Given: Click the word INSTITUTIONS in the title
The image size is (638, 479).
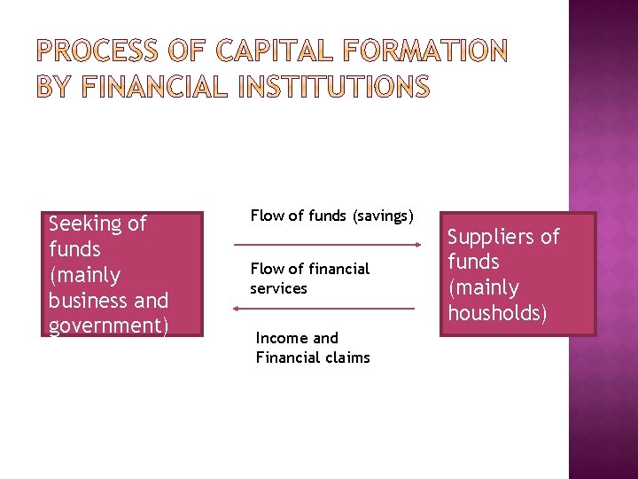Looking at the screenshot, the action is [341, 88].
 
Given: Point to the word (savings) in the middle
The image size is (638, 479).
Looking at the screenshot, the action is [384, 216].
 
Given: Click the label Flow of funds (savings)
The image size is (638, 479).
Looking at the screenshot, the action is [332, 216].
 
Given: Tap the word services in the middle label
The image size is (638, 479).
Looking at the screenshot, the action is [278, 288].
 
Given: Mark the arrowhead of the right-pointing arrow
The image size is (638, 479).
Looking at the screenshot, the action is [417, 243].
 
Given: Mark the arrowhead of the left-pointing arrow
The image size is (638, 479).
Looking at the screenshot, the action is [235, 309].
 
